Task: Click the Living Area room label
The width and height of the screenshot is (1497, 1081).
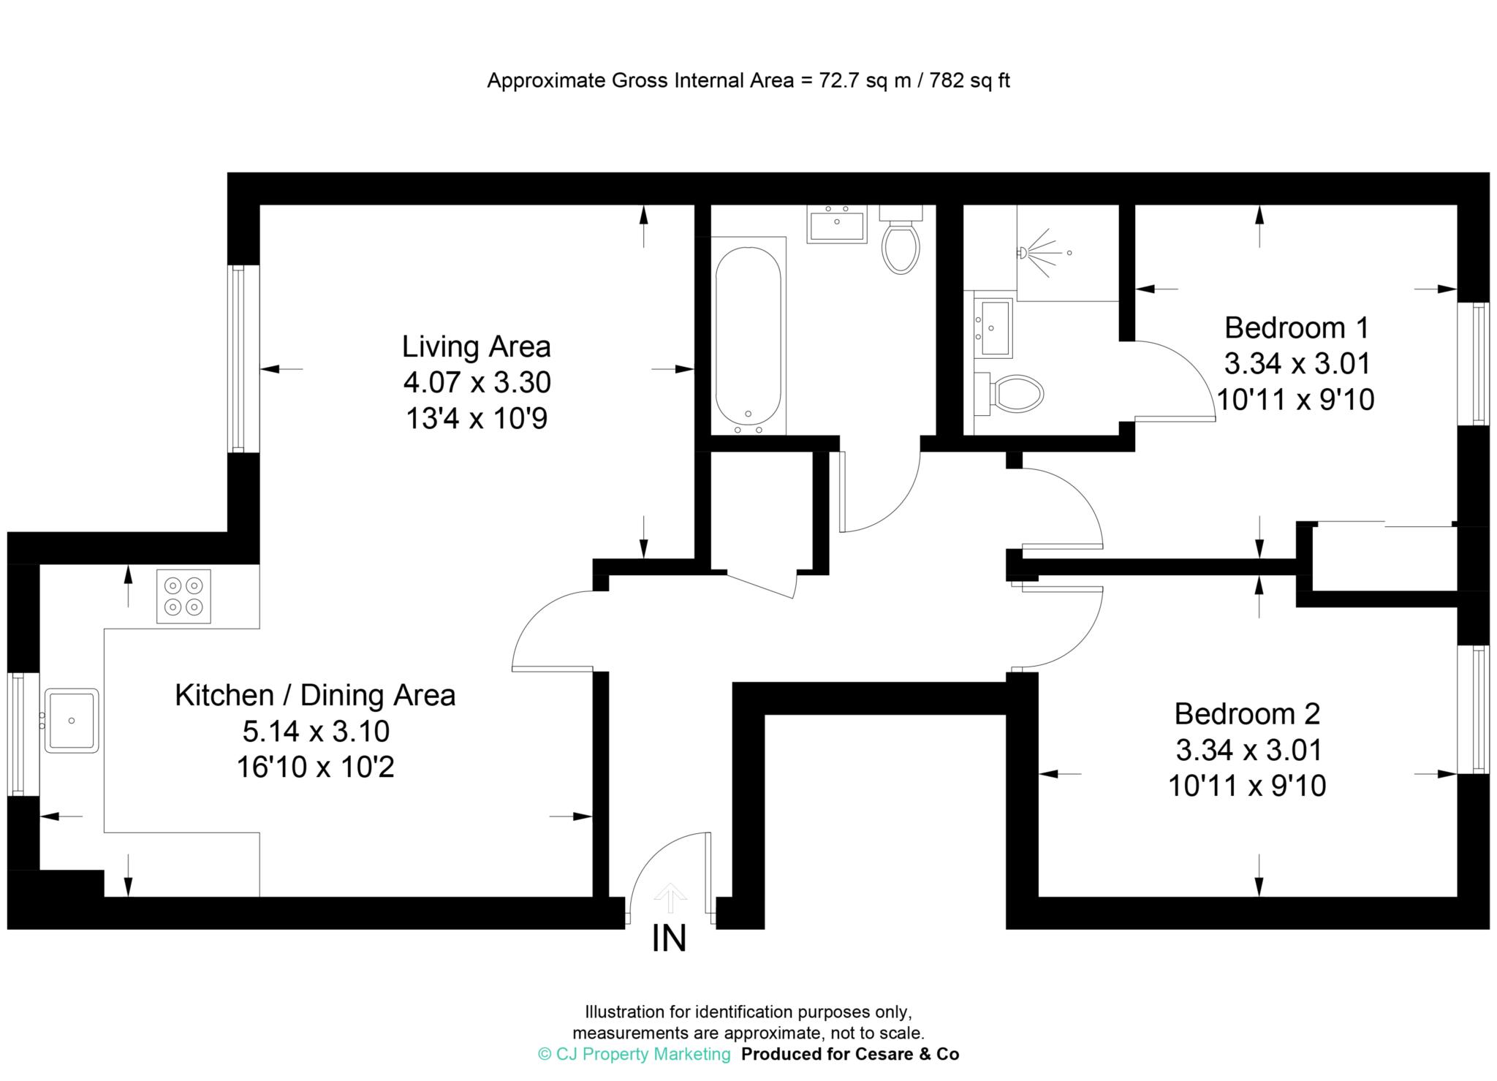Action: (x=476, y=346)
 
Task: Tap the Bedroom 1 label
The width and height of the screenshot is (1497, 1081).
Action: (x=1296, y=327)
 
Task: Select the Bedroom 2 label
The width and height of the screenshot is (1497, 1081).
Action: (x=1247, y=713)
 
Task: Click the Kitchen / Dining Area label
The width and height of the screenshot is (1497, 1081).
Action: (x=315, y=695)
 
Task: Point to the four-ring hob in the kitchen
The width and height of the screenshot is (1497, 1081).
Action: (x=183, y=596)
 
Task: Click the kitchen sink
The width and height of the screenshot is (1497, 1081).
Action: (x=72, y=720)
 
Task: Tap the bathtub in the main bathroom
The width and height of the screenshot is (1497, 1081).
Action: (x=748, y=338)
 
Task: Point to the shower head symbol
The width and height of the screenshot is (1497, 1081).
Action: (x=1037, y=253)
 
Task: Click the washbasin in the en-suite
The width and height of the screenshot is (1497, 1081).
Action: (x=993, y=327)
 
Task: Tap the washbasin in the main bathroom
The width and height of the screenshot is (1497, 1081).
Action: (x=836, y=224)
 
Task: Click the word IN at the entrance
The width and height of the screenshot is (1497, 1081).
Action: (x=669, y=939)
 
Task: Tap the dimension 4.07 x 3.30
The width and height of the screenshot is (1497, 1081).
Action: (x=477, y=382)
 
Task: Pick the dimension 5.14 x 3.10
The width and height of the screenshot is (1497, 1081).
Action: (x=316, y=731)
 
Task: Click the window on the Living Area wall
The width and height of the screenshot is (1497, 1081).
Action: (x=236, y=359)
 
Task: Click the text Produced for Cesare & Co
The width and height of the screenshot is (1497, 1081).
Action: (x=850, y=1054)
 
